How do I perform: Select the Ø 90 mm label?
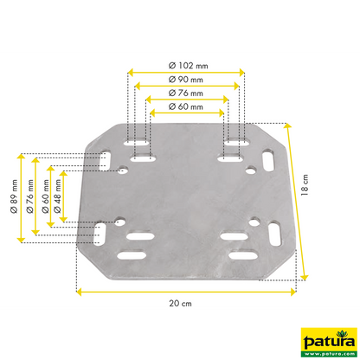[184, 79]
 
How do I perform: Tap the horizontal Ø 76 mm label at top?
[184, 93]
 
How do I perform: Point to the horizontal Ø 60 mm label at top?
[184, 106]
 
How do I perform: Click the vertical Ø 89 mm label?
[11, 195]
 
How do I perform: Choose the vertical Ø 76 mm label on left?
[27, 195]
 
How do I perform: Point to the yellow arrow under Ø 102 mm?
[184, 72]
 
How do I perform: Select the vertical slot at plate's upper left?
[104, 161]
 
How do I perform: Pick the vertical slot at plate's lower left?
[101, 233]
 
